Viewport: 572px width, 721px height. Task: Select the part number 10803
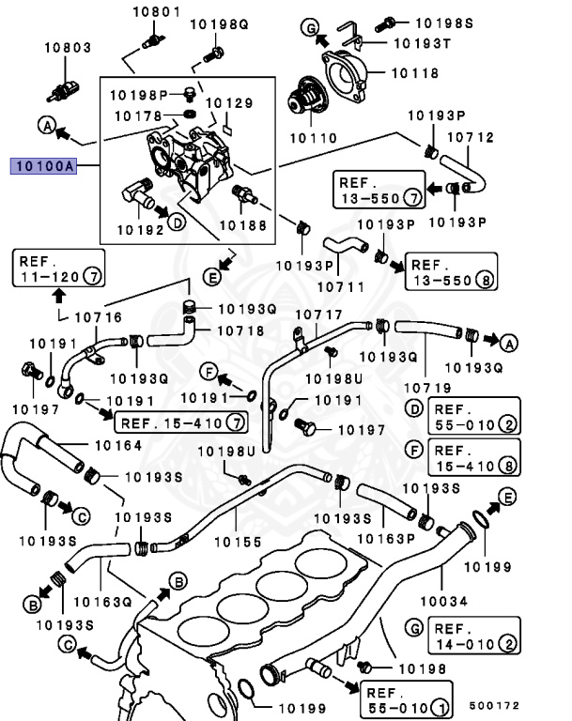(x=70, y=46)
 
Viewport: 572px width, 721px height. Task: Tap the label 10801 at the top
(x=155, y=12)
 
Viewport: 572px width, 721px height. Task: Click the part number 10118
(x=414, y=70)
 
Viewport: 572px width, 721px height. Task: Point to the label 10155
(x=236, y=542)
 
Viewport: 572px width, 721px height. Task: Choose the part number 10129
(x=228, y=101)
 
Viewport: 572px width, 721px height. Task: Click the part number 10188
(x=242, y=225)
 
